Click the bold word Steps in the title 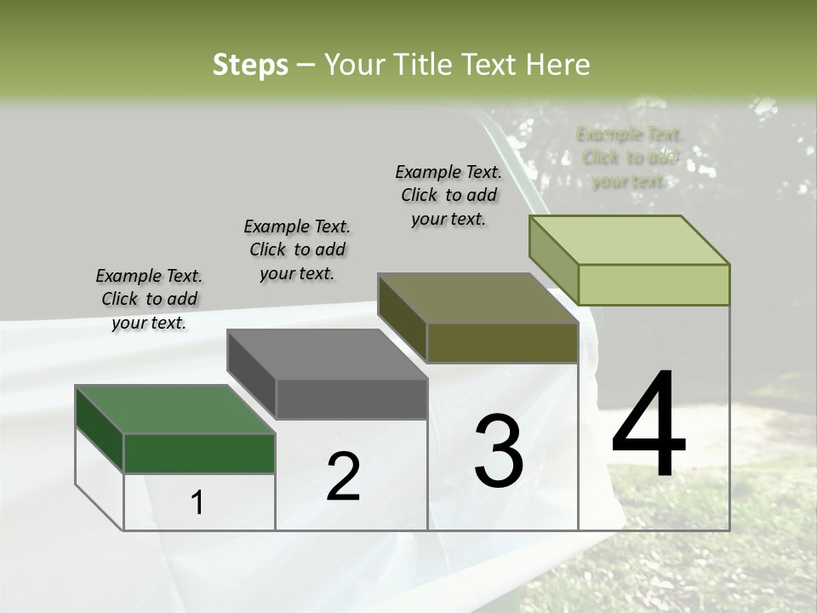250,66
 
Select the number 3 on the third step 499,451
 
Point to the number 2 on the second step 343,477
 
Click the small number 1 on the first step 197,503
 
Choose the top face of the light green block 630,240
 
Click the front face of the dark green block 199,453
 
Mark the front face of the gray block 351,398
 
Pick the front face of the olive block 502,342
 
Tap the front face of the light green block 654,284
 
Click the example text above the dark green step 149,299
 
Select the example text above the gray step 297,249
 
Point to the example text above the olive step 448,195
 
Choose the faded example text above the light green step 629,158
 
